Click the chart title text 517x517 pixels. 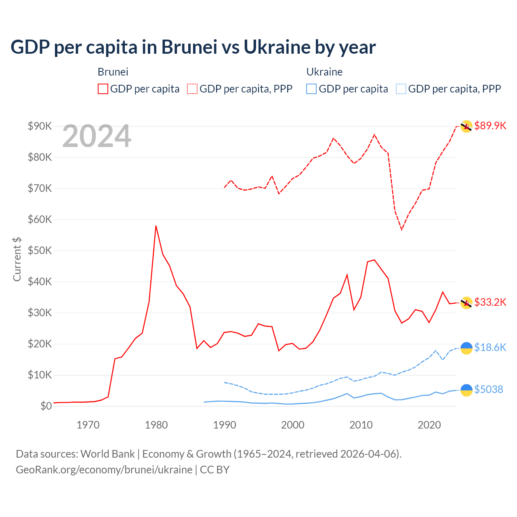(193, 47)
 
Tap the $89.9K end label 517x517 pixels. (490, 126)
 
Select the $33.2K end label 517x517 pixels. (490, 302)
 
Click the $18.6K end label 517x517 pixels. (490, 347)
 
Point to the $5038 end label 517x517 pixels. (488, 389)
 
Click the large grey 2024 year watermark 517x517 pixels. (97, 137)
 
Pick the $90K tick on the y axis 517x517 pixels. (40, 126)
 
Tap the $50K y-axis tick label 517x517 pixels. (40, 250)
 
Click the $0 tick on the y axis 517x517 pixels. (46, 406)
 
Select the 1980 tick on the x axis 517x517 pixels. (156, 425)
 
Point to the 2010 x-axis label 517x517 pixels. (361, 425)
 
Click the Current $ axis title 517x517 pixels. (17, 259)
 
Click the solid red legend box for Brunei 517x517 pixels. (103, 89)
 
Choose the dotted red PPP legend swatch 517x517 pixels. (192, 89)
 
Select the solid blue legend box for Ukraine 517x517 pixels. (311, 89)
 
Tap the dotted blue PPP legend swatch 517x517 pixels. (401, 89)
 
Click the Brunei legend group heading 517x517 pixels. (113, 72)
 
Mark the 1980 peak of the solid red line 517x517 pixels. (156, 226)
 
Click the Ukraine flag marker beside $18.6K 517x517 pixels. (467, 348)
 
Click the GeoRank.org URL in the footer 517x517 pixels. (104, 470)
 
